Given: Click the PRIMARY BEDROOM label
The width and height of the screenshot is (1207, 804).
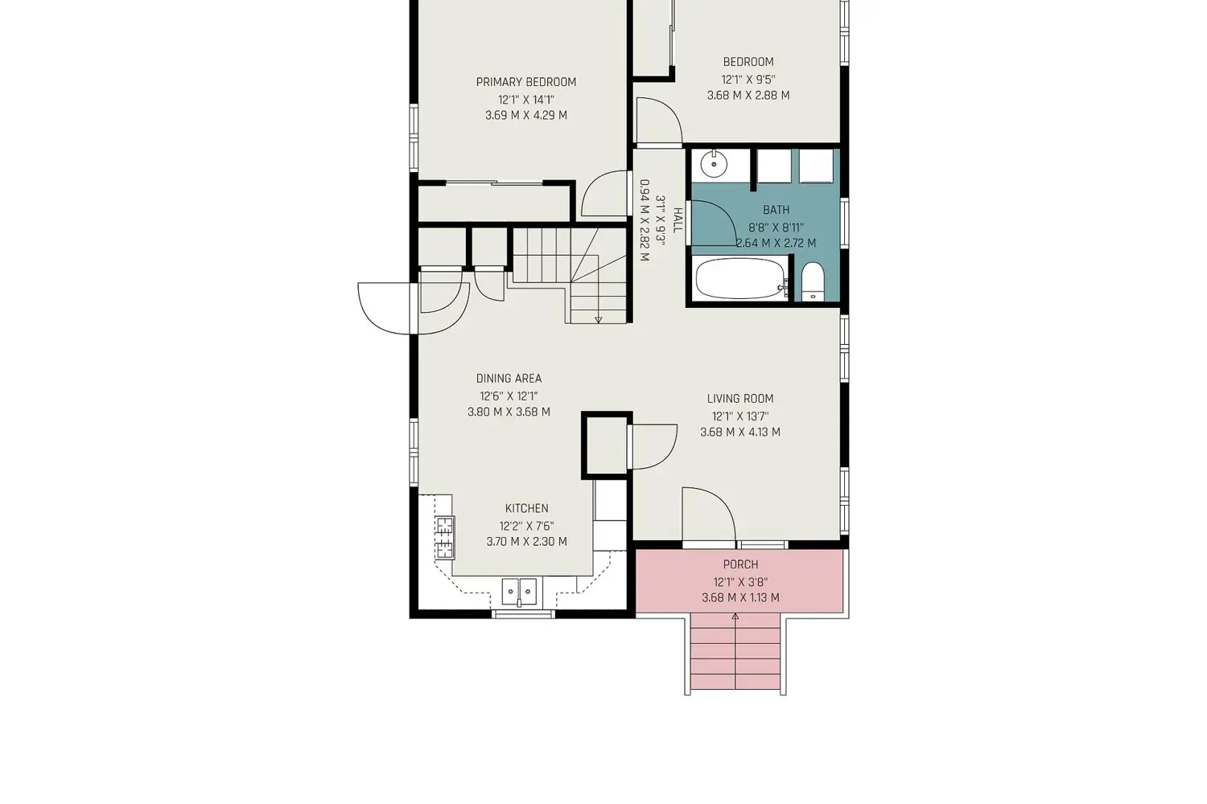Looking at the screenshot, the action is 526,82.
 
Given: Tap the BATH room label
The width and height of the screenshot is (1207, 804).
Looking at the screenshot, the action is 776,210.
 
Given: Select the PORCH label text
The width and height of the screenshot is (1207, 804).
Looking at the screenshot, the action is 740,564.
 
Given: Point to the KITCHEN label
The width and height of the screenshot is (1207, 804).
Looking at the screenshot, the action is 526,508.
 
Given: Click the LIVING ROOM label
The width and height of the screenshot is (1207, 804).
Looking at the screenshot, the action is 739,399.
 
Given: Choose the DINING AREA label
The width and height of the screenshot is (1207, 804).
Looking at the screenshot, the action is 509,379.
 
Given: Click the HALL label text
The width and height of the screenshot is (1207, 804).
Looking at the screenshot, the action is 678,220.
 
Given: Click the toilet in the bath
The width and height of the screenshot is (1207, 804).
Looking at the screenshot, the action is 812,281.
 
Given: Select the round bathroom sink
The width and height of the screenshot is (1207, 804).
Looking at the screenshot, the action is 714,164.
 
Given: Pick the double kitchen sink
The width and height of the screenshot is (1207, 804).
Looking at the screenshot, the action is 520,592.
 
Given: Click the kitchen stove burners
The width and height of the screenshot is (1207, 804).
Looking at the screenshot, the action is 444,537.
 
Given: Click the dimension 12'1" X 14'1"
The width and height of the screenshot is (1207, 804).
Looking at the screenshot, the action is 526,100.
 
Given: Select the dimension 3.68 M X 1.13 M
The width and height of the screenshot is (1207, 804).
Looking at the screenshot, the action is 740,597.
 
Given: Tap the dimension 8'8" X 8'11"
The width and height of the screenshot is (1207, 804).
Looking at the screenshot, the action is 776,228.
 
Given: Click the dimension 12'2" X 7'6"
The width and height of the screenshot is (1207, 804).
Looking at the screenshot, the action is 526,526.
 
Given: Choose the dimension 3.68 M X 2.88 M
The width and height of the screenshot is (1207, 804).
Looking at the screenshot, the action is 748,96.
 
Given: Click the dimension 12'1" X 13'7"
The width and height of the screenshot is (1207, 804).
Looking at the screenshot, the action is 739,416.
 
